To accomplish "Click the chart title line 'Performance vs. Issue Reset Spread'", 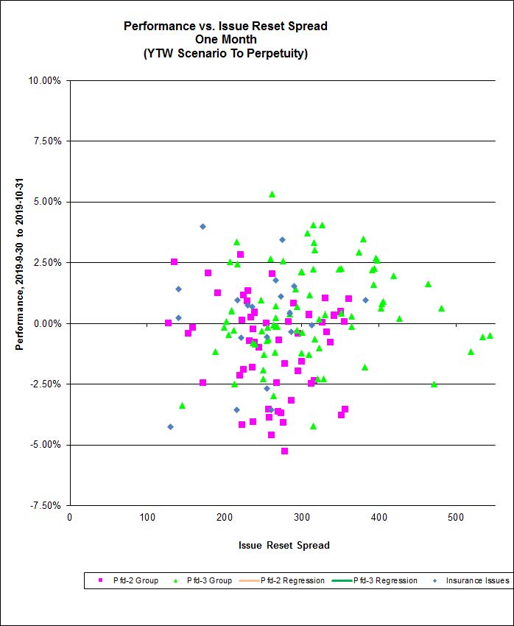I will [x=225, y=26].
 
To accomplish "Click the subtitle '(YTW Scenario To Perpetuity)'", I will [x=225, y=53].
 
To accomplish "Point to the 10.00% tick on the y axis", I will [x=44, y=80].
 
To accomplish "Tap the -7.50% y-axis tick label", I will [x=44, y=505].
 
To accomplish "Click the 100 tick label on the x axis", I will [x=147, y=516].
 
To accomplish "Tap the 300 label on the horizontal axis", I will [x=300, y=516].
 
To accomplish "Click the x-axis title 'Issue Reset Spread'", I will [x=284, y=546].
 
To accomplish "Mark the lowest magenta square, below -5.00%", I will [x=284, y=451].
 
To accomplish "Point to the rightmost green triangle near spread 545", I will [x=490, y=335].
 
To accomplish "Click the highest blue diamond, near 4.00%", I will [x=203, y=226].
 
